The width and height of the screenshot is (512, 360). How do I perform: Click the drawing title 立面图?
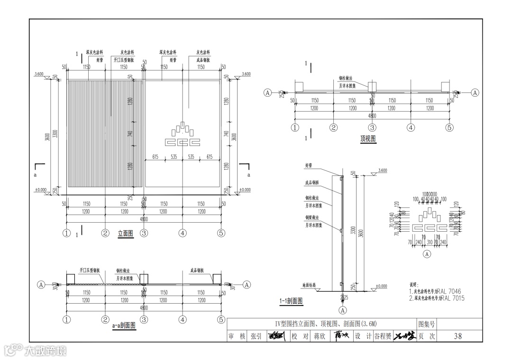click(x=126, y=233)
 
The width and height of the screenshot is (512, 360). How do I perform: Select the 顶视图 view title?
click(x=368, y=139)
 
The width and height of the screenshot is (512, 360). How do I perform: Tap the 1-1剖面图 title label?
click(x=291, y=301)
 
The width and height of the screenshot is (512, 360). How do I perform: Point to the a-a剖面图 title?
click(x=124, y=325)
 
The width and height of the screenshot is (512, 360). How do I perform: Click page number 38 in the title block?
click(x=457, y=336)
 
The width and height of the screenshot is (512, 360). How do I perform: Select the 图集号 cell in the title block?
click(x=426, y=324)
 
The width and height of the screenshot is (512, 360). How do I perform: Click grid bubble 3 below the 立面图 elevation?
click(x=144, y=233)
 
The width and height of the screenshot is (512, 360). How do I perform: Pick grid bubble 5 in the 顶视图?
click(x=449, y=127)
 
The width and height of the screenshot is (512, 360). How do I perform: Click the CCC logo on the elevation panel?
click(x=183, y=136)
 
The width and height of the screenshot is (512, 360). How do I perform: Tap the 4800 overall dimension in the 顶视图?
click(x=372, y=116)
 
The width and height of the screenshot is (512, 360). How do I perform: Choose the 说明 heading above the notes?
click(x=414, y=285)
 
